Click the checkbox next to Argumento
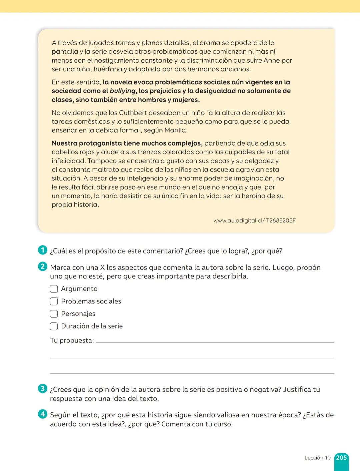(54, 289)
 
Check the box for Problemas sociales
(54, 301)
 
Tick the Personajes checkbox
(54, 314)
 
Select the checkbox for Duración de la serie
(54, 326)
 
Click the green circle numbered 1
(43, 250)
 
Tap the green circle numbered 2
(43, 266)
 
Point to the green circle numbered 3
(43, 388)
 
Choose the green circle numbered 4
(43, 414)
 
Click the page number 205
(341, 458)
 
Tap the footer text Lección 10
(317, 458)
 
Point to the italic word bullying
(123, 91)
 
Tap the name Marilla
(175, 130)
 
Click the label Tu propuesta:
(72, 340)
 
